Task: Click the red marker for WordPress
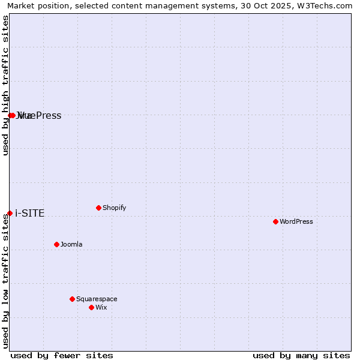275,221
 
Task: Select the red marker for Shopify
98,208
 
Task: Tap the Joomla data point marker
56,244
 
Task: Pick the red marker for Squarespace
72,299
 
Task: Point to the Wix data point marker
91,307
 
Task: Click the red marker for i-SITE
10,213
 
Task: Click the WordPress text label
296,221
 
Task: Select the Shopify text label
114,208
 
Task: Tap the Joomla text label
71,244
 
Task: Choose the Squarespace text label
97,299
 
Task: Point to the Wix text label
101,307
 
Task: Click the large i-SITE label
29,213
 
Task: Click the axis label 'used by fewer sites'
62,355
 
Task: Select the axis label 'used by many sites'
301,355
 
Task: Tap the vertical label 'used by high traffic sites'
5,85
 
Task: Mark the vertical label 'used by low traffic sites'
5,281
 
